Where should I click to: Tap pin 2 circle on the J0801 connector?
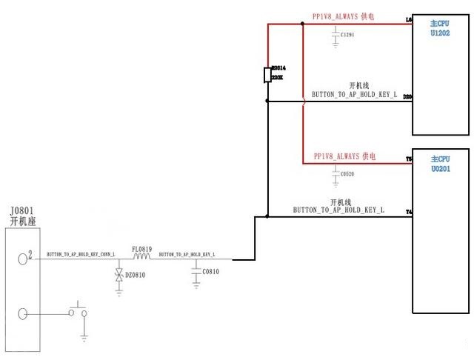click(24, 259)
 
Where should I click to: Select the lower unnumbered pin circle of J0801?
click(24, 313)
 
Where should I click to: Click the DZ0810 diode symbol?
click(118, 276)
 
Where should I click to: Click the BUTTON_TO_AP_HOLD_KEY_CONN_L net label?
click(81, 254)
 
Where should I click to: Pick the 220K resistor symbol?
click(267, 76)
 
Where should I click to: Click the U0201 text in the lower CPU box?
click(440, 170)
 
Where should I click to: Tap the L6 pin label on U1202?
click(409, 20)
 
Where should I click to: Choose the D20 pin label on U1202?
click(408, 97)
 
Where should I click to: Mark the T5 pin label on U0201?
click(409, 159)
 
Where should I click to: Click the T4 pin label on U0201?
click(409, 213)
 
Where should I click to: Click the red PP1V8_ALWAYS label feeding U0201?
click(344, 156)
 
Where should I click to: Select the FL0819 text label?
click(141, 249)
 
